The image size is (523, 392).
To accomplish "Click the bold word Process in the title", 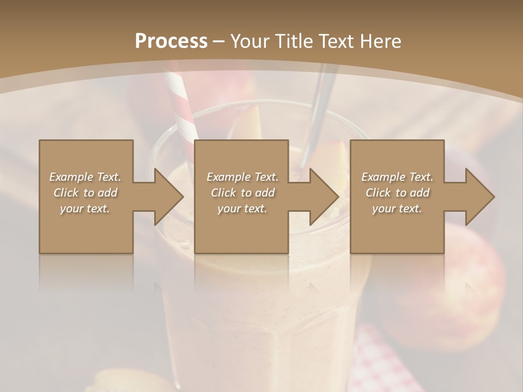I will tap(171, 41).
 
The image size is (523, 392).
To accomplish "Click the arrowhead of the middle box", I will tap(324, 197).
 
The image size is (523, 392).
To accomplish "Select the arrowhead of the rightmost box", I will tap(479, 197).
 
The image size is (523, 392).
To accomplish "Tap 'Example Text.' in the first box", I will tap(85, 177).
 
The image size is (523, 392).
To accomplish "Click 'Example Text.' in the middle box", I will tap(242, 177).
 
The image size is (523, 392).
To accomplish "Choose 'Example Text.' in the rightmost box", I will tap(397, 177).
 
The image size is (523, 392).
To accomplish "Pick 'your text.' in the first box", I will tap(85, 209).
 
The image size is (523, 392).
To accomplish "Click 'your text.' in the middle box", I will tap(242, 209).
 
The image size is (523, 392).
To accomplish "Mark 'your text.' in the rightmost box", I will tap(397, 209).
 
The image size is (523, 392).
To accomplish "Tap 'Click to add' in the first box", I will tap(85, 193).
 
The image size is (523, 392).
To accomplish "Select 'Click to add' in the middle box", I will tap(242, 193).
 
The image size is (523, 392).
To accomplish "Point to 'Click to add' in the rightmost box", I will tap(397, 193).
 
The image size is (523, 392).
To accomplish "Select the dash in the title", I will tap(219, 42).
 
